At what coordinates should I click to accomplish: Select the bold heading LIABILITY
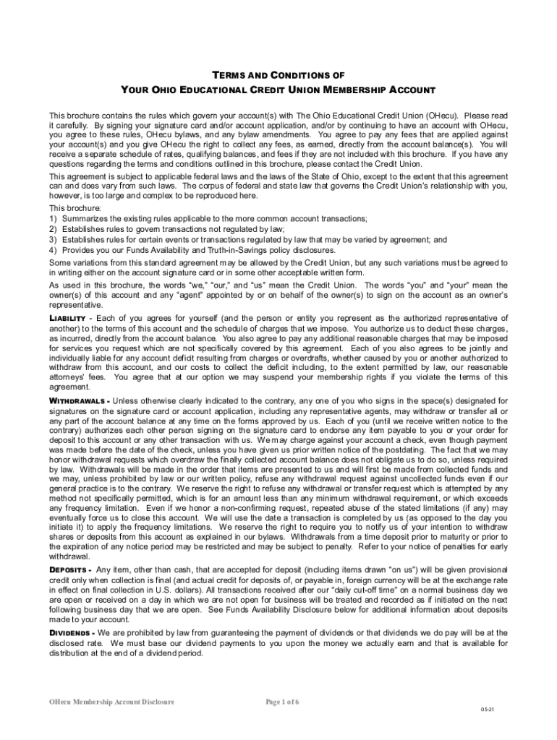(69, 318)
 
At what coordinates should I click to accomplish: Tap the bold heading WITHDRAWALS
(77, 400)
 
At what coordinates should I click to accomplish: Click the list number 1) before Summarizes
(53, 218)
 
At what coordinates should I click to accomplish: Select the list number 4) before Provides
(53, 249)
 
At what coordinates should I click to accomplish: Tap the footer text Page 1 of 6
(283, 702)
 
